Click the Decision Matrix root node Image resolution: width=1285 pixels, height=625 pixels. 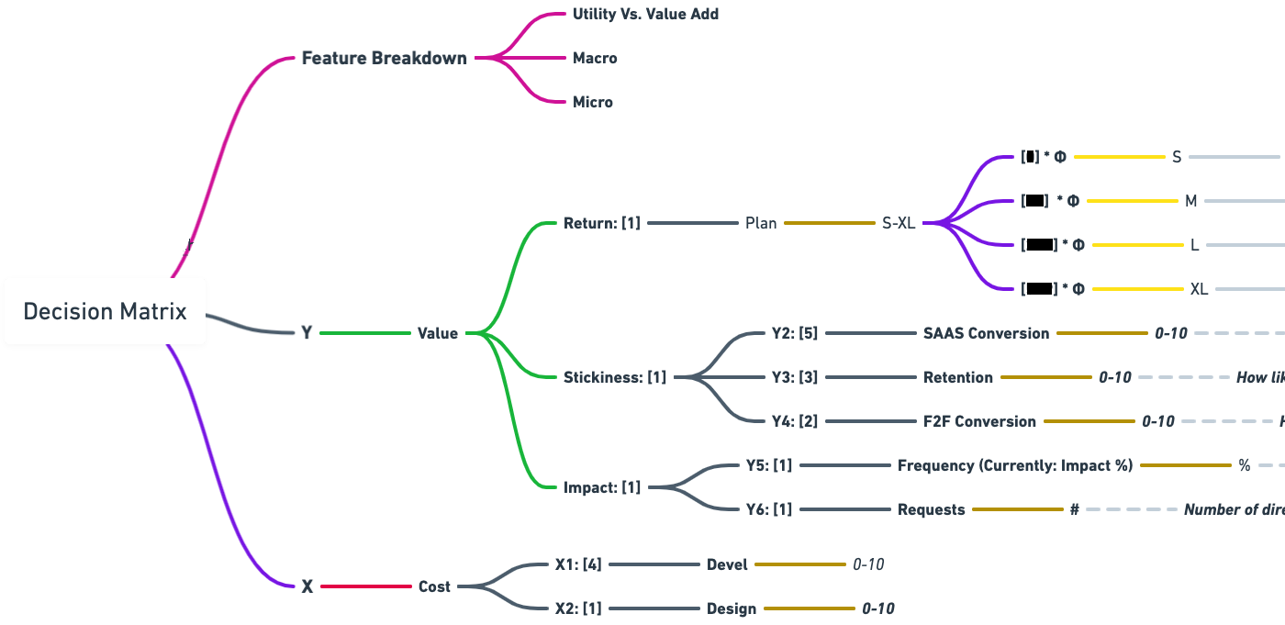[105, 311]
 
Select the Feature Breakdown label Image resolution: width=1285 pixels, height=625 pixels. [384, 58]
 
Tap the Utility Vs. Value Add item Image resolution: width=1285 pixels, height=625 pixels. [645, 14]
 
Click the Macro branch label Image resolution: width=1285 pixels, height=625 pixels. [595, 58]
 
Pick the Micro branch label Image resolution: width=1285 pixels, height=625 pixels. [593, 102]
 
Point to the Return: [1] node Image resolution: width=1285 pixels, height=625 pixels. [601, 223]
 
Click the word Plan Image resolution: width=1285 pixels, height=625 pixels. [761, 223]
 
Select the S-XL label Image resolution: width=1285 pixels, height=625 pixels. [898, 223]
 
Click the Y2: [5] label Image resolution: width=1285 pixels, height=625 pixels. [794, 333]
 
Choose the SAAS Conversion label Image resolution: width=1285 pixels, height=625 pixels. [986, 333]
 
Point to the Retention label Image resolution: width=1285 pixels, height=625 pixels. [957, 377]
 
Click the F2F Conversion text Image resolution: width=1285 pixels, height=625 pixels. [979, 421]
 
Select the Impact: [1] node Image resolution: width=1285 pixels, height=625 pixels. [602, 487]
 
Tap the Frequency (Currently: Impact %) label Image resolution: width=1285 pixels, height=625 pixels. [1015, 465]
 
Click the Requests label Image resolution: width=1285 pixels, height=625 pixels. [931, 509]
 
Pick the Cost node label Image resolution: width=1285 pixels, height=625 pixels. [434, 586]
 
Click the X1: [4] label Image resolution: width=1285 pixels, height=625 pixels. [578, 564]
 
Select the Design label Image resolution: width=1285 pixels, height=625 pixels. [732, 608]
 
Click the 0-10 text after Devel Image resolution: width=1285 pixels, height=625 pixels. [868, 564]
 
